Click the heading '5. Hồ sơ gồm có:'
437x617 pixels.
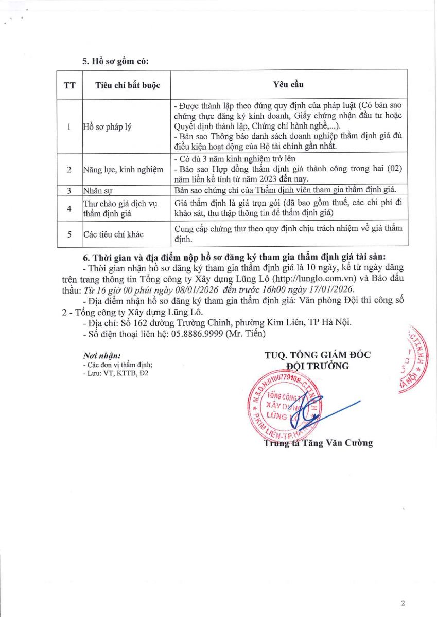115,61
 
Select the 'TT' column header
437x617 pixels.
69,85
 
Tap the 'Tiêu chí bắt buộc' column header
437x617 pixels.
128,85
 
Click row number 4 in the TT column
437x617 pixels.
69,208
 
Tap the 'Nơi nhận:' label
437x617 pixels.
102,355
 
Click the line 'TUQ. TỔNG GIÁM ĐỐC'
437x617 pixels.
318,355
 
